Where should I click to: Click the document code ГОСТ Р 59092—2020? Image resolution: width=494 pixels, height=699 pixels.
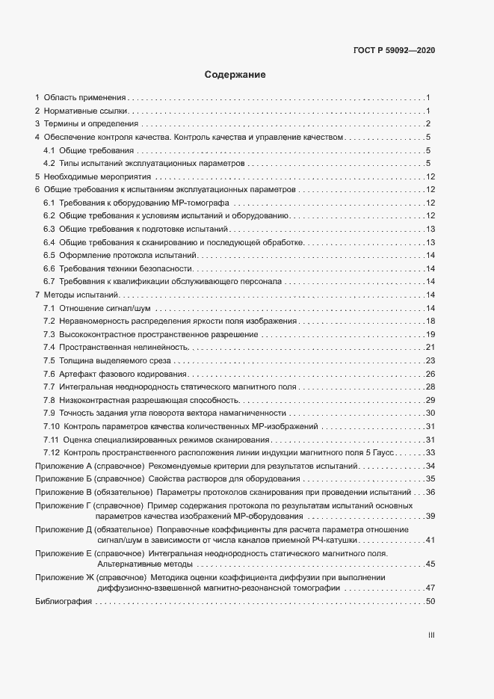[x=395, y=50]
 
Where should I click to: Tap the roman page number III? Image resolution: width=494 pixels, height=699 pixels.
[x=431, y=636]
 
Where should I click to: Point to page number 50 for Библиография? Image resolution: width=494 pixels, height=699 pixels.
[x=430, y=602]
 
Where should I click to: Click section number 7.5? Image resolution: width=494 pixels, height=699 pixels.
[x=49, y=361]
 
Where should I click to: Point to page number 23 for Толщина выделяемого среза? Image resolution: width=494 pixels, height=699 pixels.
[x=430, y=361]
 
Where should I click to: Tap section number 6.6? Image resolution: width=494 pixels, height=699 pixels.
[x=49, y=268]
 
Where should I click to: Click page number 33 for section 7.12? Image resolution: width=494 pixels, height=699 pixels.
[x=430, y=453]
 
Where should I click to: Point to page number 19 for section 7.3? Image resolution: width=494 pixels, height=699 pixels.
[x=430, y=334]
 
